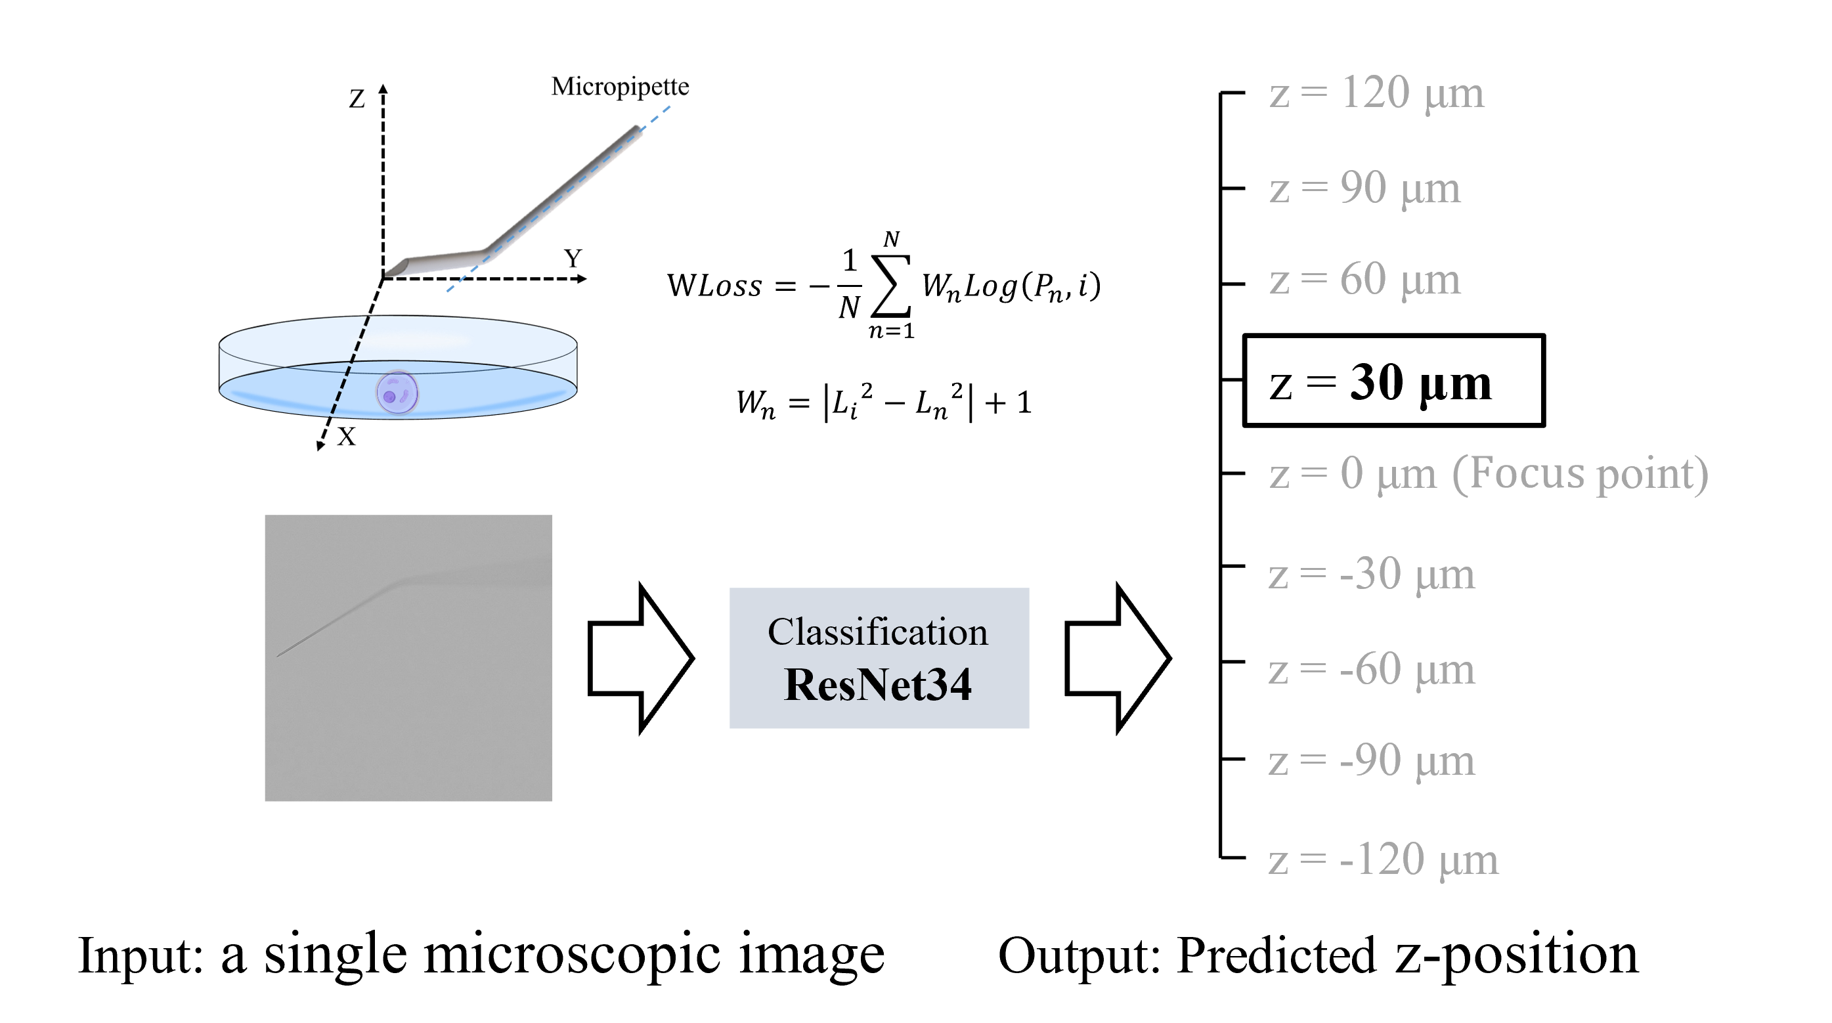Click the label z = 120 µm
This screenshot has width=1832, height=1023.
point(1376,93)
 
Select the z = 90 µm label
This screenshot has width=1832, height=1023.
point(1364,188)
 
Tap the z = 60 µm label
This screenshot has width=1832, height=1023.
point(1364,279)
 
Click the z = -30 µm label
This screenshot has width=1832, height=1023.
point(1372,574)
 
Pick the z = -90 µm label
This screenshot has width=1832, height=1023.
point(1372,761)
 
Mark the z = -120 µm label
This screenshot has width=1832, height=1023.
point(1384,860)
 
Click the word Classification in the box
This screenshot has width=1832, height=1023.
point(878,632)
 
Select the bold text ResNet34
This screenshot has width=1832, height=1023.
point(878,684)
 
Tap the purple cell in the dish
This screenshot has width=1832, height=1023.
point(397,392)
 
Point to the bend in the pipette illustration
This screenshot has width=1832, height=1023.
point(485,253)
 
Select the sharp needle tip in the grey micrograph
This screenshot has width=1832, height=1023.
point(279,654)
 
